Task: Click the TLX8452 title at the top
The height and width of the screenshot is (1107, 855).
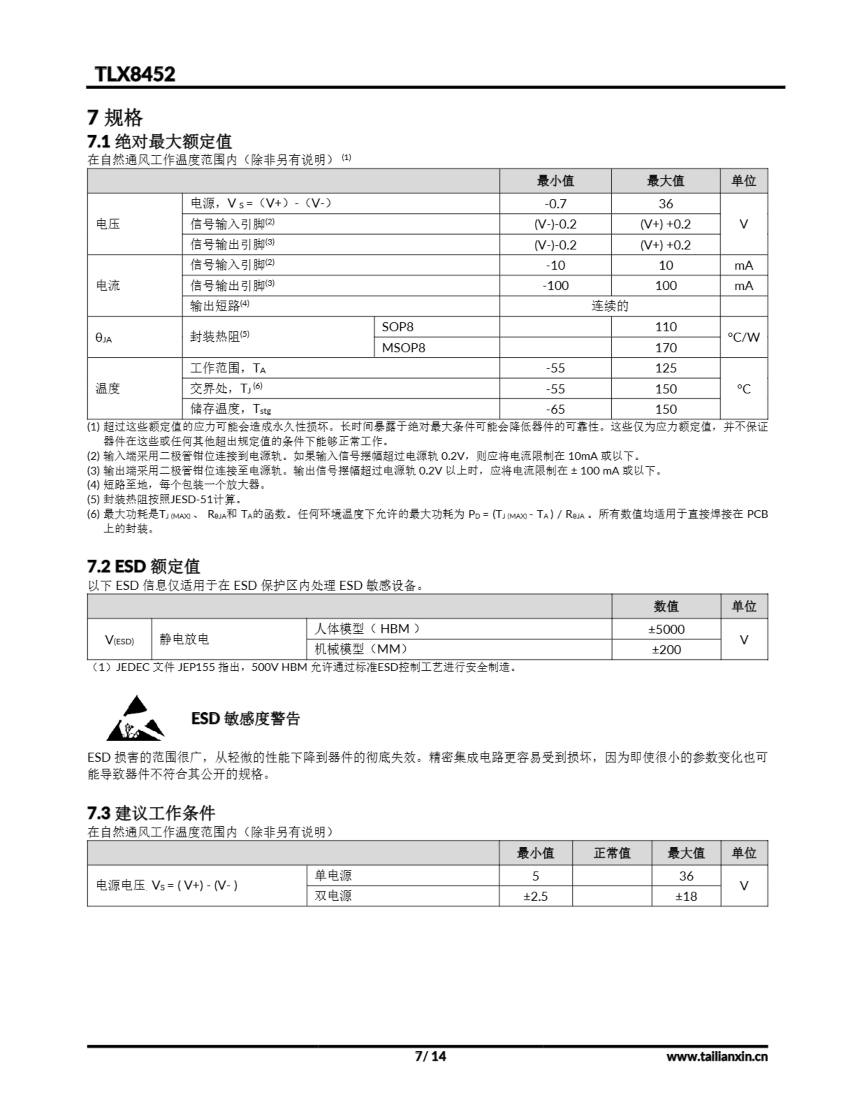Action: [x=135, y=74]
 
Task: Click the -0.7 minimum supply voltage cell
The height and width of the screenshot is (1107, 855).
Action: [x=555, y=204]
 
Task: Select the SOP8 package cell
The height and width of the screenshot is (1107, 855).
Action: [x=397, y=327]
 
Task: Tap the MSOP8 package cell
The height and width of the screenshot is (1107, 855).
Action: [x=403, y=348]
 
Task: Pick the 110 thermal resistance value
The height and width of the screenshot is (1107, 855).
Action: [x=665, y=327]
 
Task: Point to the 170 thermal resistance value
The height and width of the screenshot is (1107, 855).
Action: [x=665, y=348]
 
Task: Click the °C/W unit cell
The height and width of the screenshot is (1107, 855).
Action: [x=743, y=337]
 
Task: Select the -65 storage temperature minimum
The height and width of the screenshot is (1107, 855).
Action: [x=555, y=409]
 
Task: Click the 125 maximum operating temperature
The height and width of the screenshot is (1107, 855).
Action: [x=665, y=368]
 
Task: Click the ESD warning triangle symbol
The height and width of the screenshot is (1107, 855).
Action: [x=135, y=718]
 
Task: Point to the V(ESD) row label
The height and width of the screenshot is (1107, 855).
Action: [x=120, y=640]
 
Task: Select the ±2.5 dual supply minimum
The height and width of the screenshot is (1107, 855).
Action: [x=535, y=896]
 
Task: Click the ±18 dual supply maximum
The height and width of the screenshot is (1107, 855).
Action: [x=686, y=896]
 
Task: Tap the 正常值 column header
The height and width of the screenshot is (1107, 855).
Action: [x=612, y=853]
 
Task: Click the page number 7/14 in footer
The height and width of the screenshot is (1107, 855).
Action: [x=430, y=1056]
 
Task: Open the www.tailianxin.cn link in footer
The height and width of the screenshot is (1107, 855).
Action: [x=717, y=1057]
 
